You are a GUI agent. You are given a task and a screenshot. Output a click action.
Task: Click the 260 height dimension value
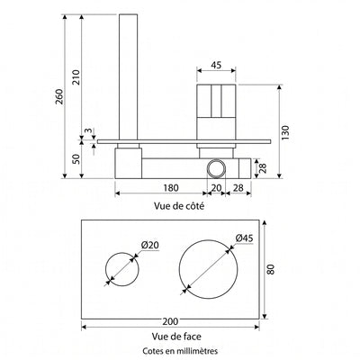59,96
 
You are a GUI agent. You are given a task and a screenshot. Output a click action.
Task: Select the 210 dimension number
76,77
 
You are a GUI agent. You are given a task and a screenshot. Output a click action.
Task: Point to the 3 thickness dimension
87,130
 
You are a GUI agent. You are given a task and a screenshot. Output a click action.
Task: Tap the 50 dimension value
76,158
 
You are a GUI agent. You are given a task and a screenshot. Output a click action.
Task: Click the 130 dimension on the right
285,132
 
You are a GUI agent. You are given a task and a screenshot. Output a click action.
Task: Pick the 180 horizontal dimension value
171,188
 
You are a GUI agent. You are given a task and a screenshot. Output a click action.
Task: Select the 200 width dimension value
170,321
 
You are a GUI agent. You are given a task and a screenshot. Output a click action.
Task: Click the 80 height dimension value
270,269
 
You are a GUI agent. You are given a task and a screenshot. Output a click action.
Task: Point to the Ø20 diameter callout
149,245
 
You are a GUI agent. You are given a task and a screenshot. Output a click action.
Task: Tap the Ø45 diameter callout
244,238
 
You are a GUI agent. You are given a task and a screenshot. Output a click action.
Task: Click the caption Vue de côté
179,206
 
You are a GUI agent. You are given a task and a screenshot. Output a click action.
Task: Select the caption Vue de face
176,337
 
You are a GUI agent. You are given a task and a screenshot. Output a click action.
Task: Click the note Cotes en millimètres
180,351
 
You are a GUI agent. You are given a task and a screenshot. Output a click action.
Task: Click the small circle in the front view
106,269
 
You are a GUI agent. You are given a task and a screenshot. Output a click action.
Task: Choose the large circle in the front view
179,269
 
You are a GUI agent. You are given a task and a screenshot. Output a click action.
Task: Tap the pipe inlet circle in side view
208,168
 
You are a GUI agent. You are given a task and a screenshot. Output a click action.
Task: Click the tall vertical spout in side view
129,76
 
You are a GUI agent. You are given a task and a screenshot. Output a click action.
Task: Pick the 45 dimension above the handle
216,65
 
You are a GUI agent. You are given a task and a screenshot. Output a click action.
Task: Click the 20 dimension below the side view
216,188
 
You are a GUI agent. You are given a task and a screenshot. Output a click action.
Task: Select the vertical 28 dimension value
263,168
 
